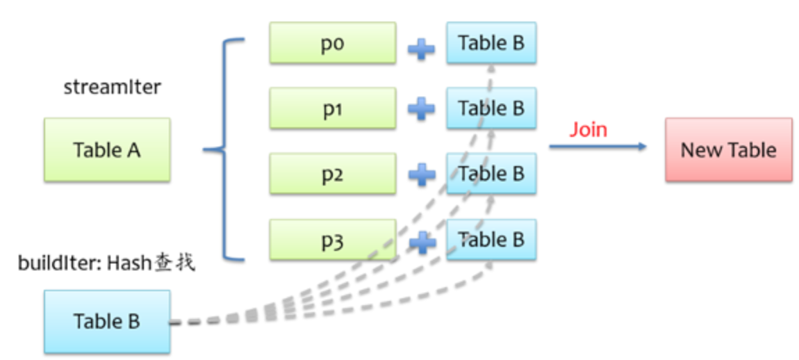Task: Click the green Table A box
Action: coord(107,149)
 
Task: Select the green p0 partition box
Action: coord(333,43)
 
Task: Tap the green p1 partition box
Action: coord(333,108)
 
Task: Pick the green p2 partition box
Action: coord(333,174)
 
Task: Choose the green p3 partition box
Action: coord(333,240)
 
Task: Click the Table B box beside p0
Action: coord(491,43)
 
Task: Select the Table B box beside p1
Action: coord(491,108)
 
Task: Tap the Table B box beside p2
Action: coord(491,174)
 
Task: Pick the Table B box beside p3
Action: coord(491,240)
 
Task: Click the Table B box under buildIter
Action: coord(107,322)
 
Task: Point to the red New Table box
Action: coord(728,149)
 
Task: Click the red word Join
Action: coord(588,130)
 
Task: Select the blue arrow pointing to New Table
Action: coord(598,147)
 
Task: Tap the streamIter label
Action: coord(112,88)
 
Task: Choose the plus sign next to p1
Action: coord(421,109)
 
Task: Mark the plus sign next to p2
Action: coord(421,174)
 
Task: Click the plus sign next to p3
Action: coord(421,241)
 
